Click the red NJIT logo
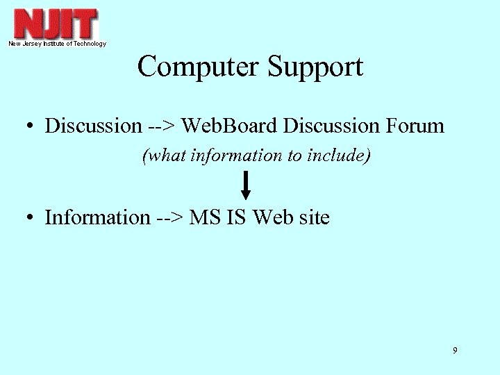(x=56, y=24)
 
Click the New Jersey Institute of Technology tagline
(x=57, y=44)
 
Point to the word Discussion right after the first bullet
(x=92, y=126)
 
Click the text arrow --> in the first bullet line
(x=160, y=126)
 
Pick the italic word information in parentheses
(x=235, y=156)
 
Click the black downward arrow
(x=246, y=185)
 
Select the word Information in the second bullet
(x=97, y=217)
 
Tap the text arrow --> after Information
(x=169, y=218)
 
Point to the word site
(x=315, y=217)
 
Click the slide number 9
(x=455, y=351)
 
